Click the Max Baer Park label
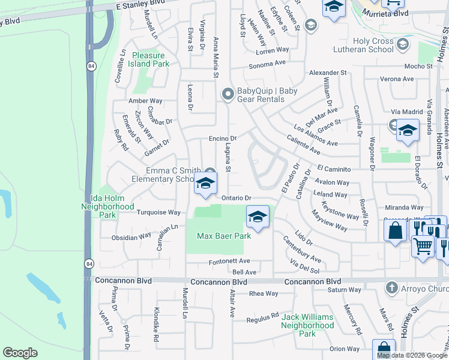pyautogui.click(x=224, y=236)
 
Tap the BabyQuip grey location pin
pyautogui.click(x=228, y=94)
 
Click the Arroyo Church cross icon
pyautogui.click(x=393, y=287)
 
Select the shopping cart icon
pyautogui.click(x=423, y=245)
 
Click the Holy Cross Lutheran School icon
pyautogui.click(x=402, y=44)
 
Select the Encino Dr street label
pyautogui.click(x=223, y=137)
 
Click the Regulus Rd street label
pyautogui.click(x=264, y=317)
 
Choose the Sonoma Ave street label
pyautogui.click(x=268, y=63)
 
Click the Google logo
pyautogui.click(x=20, y=353)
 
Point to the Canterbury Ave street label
pyautogui.click(x=302, y=251)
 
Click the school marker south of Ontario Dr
pyautogui.click(x=258, y=217)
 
